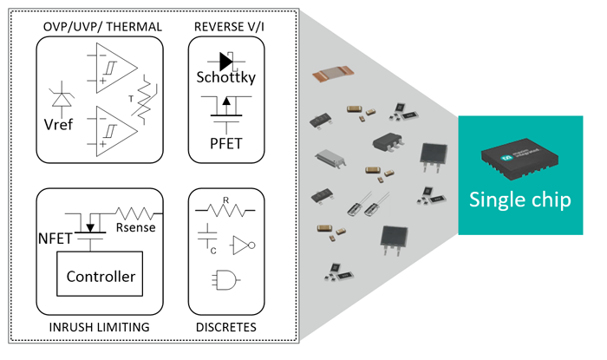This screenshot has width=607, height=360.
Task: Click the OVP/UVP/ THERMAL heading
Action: pyautogui.click(x=102, y=26)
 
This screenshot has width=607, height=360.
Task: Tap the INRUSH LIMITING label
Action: pyautogui.click(x=101, y=327)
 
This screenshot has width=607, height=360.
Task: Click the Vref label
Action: pyautogui.click(x=58, y=124)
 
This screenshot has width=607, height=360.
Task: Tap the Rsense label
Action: pyautogui.click(x=134, y=230)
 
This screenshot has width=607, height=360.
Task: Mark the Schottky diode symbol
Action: pyautogui.click(x=227, y=61)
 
